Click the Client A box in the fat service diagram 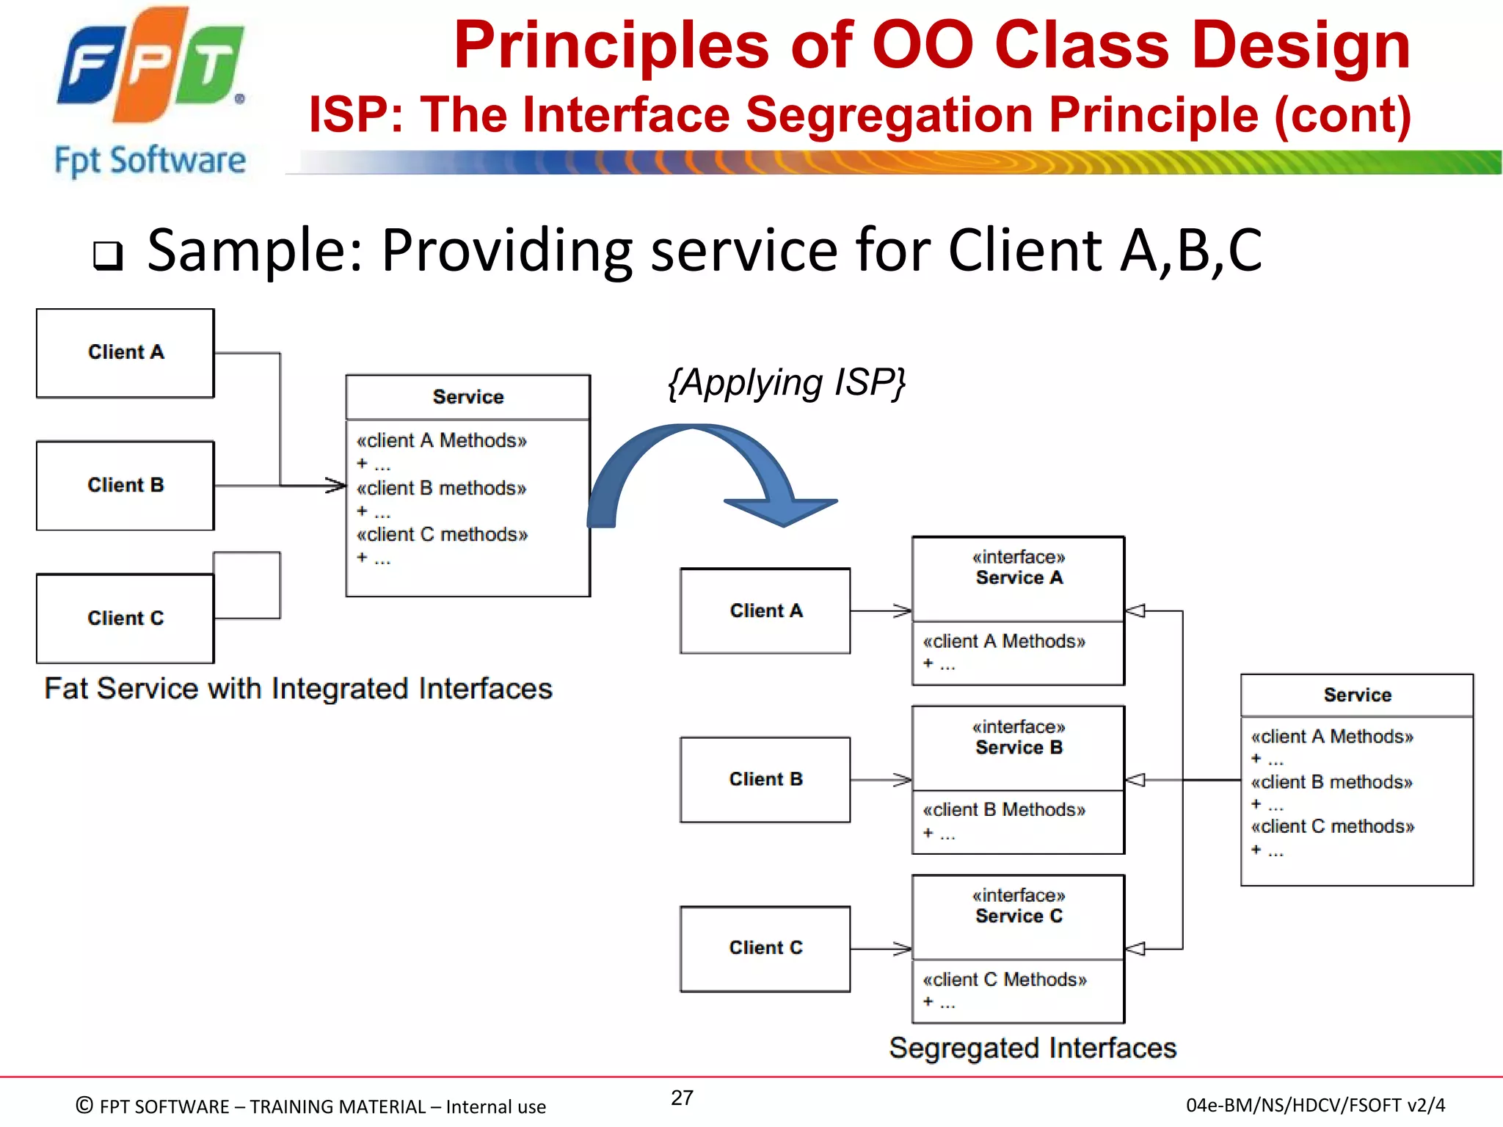click(125, 353)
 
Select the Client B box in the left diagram click(125, 485)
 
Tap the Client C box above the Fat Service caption click(125, 619)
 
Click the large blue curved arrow click(705, 470)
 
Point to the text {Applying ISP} click(787, 383)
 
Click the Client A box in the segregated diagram click(765, 610)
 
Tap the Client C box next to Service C click(765, 948)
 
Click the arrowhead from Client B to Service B click(903, 780)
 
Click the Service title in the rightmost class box click(1357, 695)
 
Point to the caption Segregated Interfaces click(1033, 1048)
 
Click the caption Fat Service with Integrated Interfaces click(298, 689)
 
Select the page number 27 click(682, 1098)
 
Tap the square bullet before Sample click(108, 255)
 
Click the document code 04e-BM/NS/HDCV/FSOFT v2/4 click(1315, 1105)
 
